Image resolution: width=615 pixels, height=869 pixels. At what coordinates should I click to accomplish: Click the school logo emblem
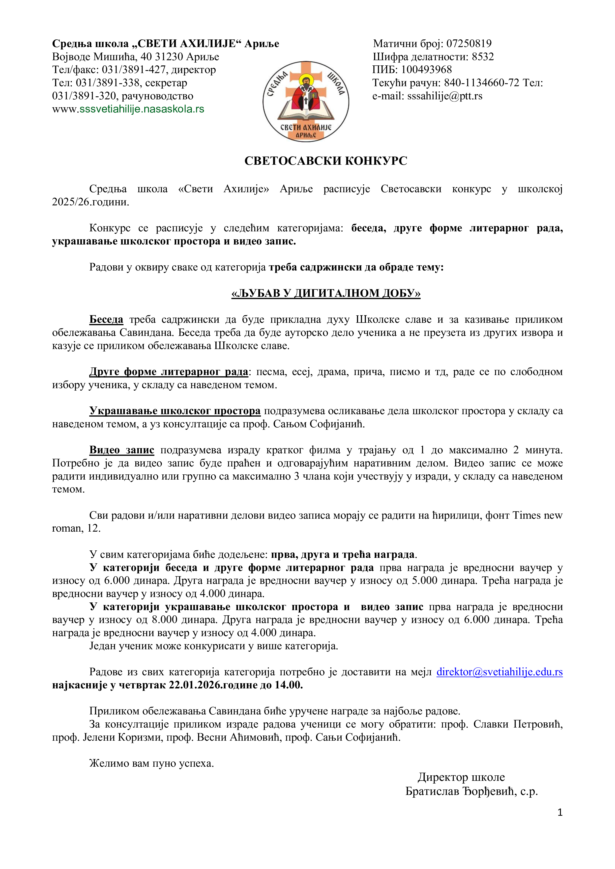click(306, 101)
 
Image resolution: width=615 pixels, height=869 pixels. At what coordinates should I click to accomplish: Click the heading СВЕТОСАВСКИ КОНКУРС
click(326, 161)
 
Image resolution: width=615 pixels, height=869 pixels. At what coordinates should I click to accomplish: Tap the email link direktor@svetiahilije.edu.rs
click(499, 672)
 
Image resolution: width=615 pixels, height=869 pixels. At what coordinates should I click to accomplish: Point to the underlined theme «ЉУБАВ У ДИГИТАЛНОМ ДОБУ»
click(326, 293)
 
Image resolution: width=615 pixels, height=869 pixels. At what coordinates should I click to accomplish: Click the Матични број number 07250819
click(469, 44)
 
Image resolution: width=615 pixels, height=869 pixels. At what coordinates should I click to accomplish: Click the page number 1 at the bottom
click(560, 812)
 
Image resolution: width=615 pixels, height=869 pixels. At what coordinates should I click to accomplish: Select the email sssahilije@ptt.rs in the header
click(445, 96)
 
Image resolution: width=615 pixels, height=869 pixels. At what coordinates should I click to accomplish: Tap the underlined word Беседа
click(106, 320)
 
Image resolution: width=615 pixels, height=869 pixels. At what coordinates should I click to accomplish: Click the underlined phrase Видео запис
click(121, 450)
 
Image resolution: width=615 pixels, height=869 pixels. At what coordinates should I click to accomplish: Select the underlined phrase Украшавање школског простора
click(175, 411)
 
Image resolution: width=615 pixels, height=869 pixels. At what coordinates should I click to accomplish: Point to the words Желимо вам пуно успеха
click(151, 763)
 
